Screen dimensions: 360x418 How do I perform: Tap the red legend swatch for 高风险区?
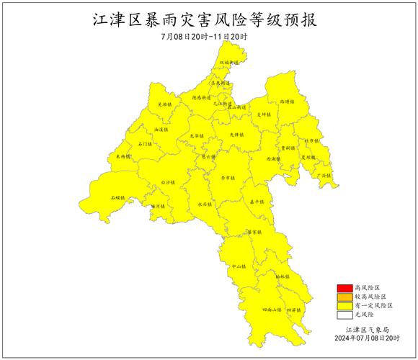click(x=344, y=287)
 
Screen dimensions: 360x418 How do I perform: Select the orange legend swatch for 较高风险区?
click(x=344, y=296)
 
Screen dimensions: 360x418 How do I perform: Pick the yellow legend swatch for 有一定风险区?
click(x=344, y=305)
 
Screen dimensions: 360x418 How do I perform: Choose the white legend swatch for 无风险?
click(x=344, y=314)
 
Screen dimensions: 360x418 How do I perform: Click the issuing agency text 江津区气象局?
click(x=367, y=328)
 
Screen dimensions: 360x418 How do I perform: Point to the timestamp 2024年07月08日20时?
click(x=367, y=338)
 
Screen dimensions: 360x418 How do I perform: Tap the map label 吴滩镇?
click(x=165, y=106)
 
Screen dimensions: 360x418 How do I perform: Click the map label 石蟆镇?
click(x=117, y=197)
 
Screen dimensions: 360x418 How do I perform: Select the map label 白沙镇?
click(x=168, y=182)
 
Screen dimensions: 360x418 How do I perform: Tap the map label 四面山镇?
click(x=272, y=310)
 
